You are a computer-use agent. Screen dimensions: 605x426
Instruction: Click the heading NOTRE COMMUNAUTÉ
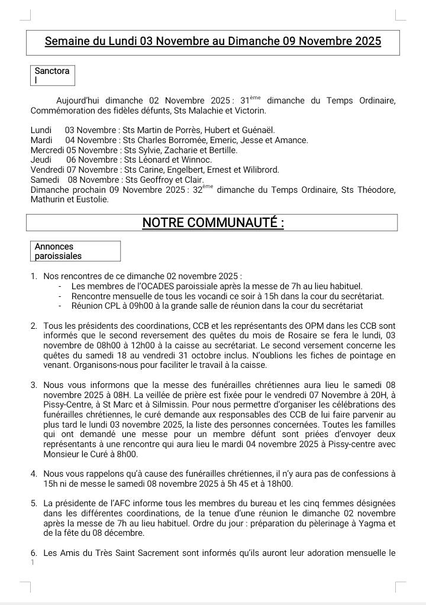(212, 222)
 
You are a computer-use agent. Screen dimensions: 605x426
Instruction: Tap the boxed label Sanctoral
(52, 75)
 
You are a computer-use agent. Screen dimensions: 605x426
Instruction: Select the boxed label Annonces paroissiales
(58, 251)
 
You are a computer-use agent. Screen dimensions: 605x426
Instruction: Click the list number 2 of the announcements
(34, 326)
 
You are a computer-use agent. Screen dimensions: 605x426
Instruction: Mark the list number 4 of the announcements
(34, 474)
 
